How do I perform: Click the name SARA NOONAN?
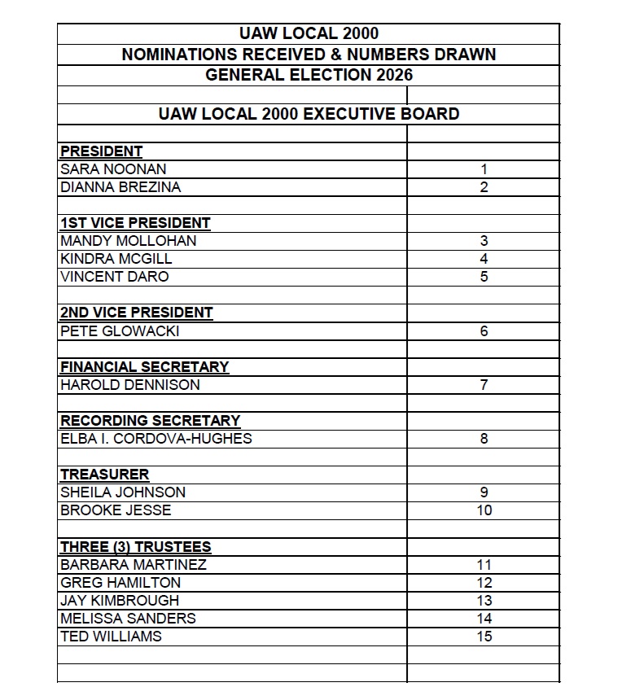pos(113,169)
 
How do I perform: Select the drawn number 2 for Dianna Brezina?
pos(484,187)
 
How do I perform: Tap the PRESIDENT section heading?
pos(101,151)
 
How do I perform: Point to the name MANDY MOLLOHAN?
pos(128,241)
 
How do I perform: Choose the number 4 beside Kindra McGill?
pos(484,259)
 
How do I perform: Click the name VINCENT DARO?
pos(114,277)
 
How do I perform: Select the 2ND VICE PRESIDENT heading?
pos(136,313)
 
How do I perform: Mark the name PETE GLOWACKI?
pos(120,330)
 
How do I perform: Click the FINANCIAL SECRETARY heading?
pos(144,366)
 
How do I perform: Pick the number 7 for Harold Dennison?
pos(484,384)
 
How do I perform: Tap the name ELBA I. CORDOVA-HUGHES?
pos(155,438)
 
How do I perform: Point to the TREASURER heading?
pos(104,475)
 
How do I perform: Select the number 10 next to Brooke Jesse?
pos(484,510)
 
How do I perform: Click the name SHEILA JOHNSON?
pos(123,492)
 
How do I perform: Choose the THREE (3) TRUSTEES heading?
pos(135,546)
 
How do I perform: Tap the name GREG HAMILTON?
pos(120,582)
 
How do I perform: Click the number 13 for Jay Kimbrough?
pos(484,600)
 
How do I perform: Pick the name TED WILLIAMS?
pos(111,636)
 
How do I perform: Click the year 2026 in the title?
pos(394,75)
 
